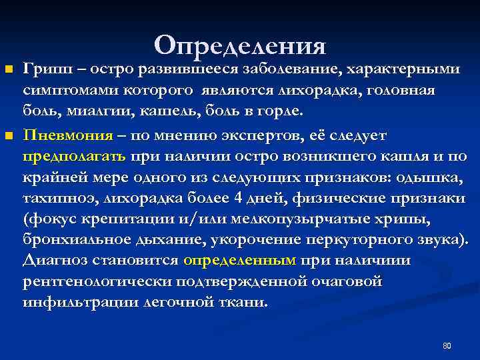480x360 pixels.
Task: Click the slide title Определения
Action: tap(240, 45)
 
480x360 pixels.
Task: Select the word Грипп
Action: tap(41, 69)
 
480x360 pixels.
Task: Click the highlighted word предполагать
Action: tap(74, 158)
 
